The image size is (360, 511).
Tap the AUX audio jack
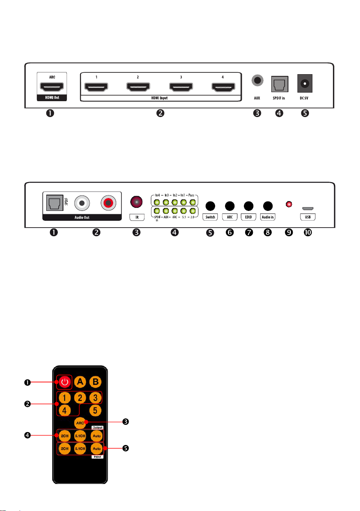pyautogui.click(x=257, y=80)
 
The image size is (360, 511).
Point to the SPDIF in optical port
pyautogui.click(x=280, y=84)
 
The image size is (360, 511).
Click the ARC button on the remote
pyautogui.click(x=80, y=422)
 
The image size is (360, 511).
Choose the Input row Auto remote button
pyautogui.click(x=96, y=449)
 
